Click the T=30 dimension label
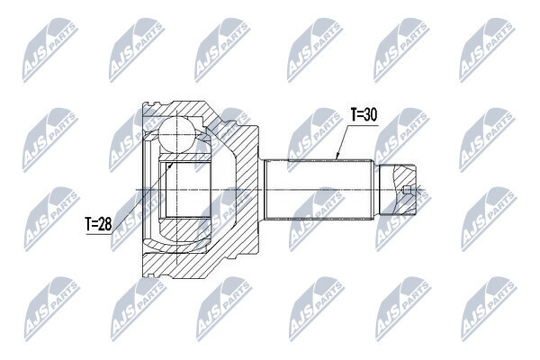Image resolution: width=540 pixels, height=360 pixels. [x=364, y=114]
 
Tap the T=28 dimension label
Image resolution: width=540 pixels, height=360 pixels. [x=98, y=225]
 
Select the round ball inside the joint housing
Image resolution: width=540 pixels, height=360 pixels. [x=176, y=135]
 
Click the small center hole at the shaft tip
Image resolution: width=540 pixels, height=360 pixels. [x=408, y=190]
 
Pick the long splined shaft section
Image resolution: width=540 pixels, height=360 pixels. [x=319, y=190]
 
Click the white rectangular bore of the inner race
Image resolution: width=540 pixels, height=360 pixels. [x=188, y=190]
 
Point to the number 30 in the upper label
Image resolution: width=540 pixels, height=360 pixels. [x=370, y=114]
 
